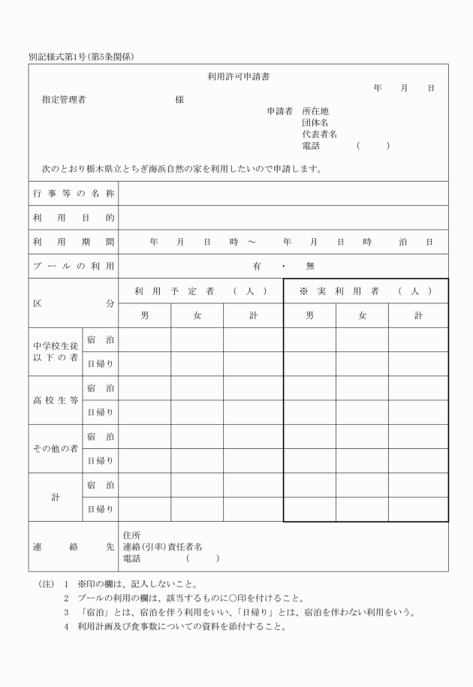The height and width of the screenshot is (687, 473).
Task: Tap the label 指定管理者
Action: pos(63,100)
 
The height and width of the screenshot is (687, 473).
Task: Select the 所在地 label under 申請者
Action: pos(315,111)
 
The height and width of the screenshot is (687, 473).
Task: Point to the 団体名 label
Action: pos(315,122)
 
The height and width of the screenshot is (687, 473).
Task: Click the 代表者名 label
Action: pos(319,134)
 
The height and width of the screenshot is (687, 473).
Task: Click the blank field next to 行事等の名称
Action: pos(283,194)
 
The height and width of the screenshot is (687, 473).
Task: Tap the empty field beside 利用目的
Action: pos(283,218)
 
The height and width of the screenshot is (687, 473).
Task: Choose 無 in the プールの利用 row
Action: pos(310,266)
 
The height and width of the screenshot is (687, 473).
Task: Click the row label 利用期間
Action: pos(74,242)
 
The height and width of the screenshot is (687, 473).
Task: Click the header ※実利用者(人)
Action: pos(366,291)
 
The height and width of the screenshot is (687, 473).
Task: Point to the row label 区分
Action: pos(74,303)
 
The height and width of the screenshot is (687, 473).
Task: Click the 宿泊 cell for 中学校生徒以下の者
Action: pos(100,339)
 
